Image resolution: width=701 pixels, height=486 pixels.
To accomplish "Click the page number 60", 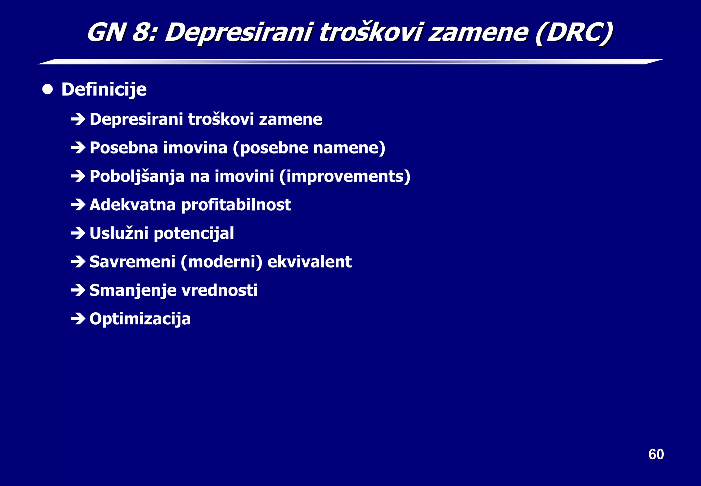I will [656, 454].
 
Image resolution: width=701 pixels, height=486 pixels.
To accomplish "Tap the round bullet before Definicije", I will [48, 89].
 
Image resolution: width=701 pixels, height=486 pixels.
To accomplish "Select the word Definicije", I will [104, 90].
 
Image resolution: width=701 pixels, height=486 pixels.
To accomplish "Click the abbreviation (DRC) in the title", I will [574, 33].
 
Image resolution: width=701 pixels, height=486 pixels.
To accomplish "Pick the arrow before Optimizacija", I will [78, 319].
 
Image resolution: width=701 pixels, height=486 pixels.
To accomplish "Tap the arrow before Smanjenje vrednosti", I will [78, 290].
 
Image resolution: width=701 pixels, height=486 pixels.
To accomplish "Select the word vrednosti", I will [219, 290].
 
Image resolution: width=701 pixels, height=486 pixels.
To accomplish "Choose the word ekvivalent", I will [309, 262].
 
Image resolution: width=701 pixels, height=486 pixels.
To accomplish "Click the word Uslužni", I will [119, 234].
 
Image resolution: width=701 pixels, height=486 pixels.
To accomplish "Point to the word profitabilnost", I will [236, 205].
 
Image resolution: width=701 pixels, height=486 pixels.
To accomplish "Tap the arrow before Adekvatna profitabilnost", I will [78, 205].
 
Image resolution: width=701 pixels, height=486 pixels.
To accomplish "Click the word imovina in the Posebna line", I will [195, 148].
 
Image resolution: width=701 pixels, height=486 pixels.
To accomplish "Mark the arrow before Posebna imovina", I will [78, 148].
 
